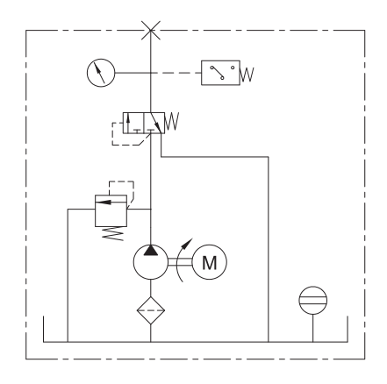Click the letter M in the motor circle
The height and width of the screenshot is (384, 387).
coord(210,263)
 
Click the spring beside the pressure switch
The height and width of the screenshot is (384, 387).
coord(247,75)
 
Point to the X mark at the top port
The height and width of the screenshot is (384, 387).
coord(151,31)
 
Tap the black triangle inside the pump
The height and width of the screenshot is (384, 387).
coord(151,251)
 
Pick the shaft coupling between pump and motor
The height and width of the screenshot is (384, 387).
coord(180,262)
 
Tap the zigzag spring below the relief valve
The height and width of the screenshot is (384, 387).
coord(113,234)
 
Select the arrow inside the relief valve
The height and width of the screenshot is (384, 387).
coord(104,202)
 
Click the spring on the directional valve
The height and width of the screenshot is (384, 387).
coord(172,121)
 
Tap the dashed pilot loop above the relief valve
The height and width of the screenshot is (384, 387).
coord(122,181)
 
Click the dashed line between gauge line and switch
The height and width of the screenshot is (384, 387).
coord(176,73)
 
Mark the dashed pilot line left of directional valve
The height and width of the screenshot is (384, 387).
coord(112,134)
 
